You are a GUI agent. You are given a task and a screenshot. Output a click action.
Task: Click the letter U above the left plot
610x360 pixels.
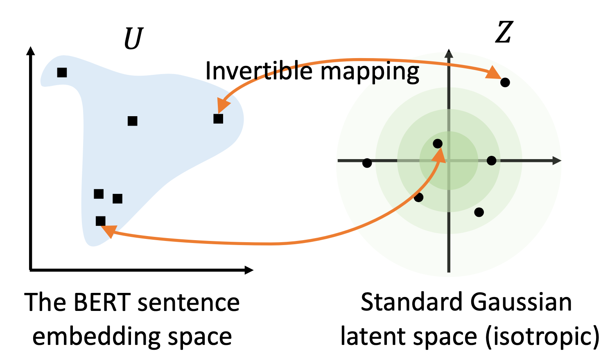(x=133, y=38)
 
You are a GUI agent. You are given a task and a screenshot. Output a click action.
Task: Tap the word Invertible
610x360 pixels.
(x=259, y=70)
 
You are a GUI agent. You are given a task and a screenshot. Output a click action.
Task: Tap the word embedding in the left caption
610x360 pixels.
(x=96, y=337)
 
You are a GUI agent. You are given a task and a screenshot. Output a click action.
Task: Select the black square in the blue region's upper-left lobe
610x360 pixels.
(x=62, y=73)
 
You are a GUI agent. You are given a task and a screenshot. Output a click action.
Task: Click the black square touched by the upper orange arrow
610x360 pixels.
(x=218, y=119)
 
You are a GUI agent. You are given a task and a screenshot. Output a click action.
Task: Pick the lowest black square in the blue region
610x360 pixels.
(x=100, y=221)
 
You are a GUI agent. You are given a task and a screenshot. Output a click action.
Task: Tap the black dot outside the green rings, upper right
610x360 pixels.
(x=505, y=82)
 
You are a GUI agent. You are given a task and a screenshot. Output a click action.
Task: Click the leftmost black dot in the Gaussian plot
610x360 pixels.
(x=367, y=163)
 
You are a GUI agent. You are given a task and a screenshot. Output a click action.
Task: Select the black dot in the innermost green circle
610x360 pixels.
(x=438, y=144)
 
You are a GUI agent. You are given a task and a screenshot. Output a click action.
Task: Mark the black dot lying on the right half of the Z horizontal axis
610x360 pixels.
(x=492, y=160)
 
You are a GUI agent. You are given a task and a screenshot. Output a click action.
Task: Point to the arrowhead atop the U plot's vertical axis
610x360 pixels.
(x=30, y=51)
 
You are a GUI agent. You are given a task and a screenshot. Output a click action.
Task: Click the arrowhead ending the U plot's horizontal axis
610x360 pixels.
(x=249, y=270)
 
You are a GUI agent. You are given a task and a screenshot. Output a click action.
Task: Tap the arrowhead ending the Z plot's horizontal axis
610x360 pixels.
(x=557, y=160)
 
